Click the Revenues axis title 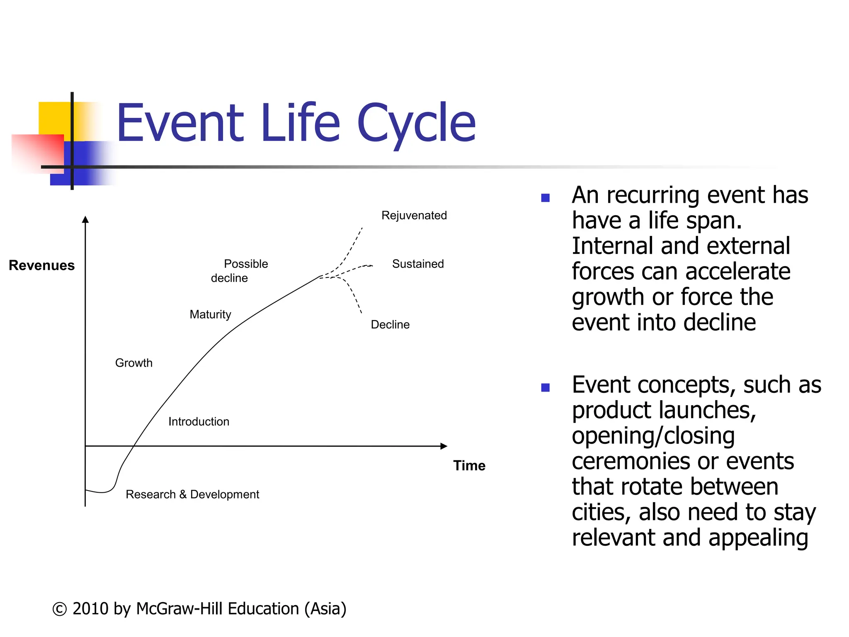click(x=41, y=265)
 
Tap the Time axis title click(x=469, y=466)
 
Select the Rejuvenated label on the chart click(x=414, y=216)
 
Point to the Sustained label click(x=417, y=264)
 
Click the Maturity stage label click(x=210, y=315)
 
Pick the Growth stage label click(x=133, y=363)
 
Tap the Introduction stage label click(x=199, y=422)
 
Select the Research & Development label click(x=192, y=495)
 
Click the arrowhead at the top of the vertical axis click(x=85, y=219)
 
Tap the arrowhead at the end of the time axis click(x=444, y=446)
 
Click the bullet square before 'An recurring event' click(x=545, y=198)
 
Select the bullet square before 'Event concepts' click(x=545, y=388)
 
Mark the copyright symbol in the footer click(x=59, y=609)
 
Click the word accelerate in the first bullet click(x=737, y=272)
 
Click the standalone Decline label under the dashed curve click(x=390, y=325)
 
